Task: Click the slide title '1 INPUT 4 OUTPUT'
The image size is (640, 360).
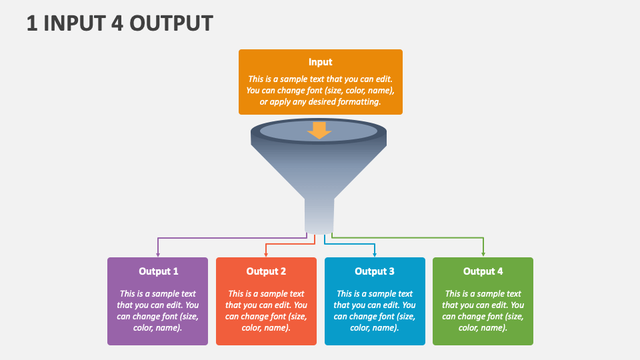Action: click(x=119, y=23)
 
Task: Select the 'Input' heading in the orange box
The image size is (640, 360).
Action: click(x=320, y=62)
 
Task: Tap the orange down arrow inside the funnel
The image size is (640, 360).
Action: click(x=320, y=131)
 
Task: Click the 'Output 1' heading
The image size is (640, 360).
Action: click(x=158, y=271)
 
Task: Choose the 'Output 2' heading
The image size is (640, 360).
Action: click(x=266, y=271)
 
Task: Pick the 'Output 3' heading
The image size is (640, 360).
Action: click(x=375, y=271)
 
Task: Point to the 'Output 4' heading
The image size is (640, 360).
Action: click(x=483, y=271)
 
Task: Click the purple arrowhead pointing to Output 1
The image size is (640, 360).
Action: click(x=158, y=254)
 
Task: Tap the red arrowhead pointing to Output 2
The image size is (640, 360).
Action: click(x=266, y=254)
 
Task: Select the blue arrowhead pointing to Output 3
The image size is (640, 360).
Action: click(x=375, y=254)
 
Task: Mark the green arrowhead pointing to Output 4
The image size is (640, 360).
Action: click(x=483, y=254)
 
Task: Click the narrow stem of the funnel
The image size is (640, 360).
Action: click(x=319, y=215)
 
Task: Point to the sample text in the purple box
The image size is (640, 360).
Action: click(x=158, y=311)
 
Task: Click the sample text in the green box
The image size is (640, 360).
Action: click(x=483, y=311)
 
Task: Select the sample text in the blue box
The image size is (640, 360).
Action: click(x=375, y=311)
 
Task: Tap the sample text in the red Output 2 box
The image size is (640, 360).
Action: click(x=266, y=311)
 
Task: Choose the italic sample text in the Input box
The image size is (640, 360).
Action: click(x=320, y=90)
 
